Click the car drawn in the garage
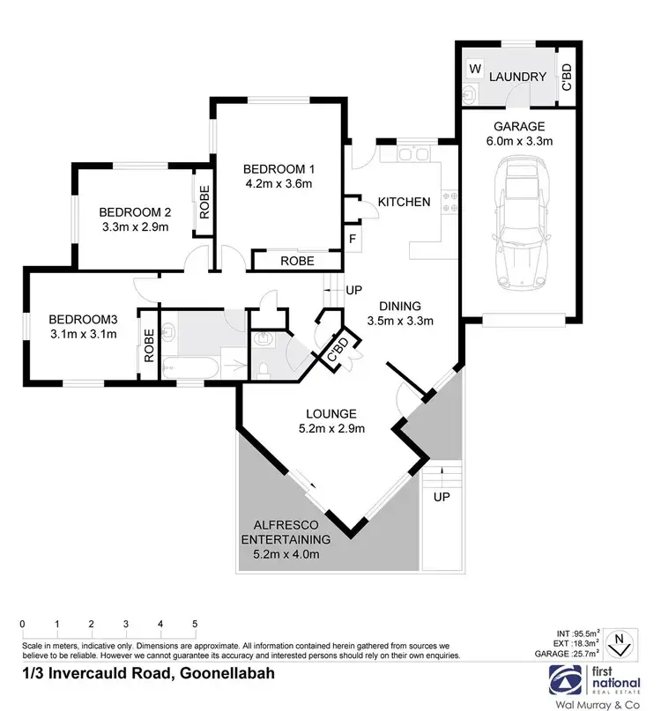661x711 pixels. pyautogui.click(x=520, y=222)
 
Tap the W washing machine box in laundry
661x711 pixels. pyautogui.click(x=475, y=69)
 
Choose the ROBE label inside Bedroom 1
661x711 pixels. pyautogui.click(x=296, y=261)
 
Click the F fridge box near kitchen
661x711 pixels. pyautogui.click(x=353, y=240)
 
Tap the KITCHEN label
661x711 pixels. pyautogui.click(x=404, y=202)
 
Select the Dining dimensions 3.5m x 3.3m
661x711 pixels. pyautogui.click(x=400, y=321)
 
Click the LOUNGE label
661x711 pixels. pyautogui.click(x=330, y=413)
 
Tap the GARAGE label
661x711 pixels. pyautogui.click(x=519, y=126)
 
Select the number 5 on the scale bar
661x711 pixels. pyautogui.click(x=195, y=624)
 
